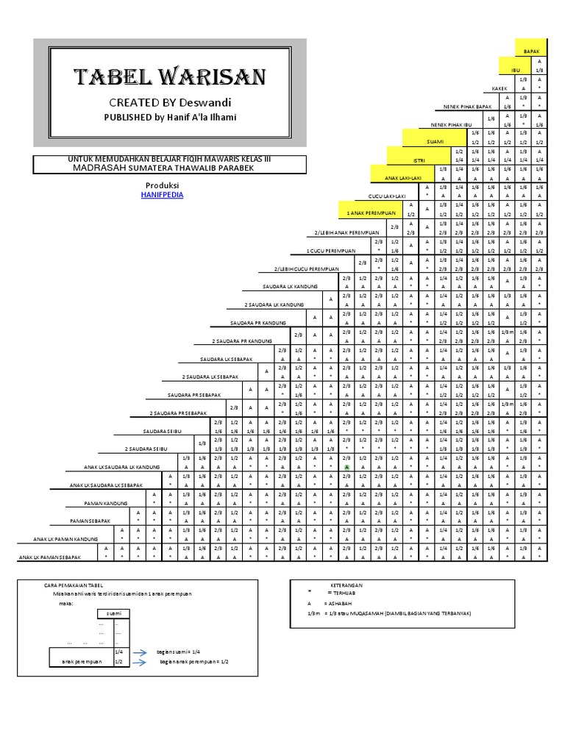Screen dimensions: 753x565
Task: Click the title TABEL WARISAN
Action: pos(169,76)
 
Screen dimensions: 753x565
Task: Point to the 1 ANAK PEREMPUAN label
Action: pos(366,213)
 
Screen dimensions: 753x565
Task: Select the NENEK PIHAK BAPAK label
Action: pos(466,107)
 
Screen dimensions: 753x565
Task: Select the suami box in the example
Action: pos(114,614)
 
